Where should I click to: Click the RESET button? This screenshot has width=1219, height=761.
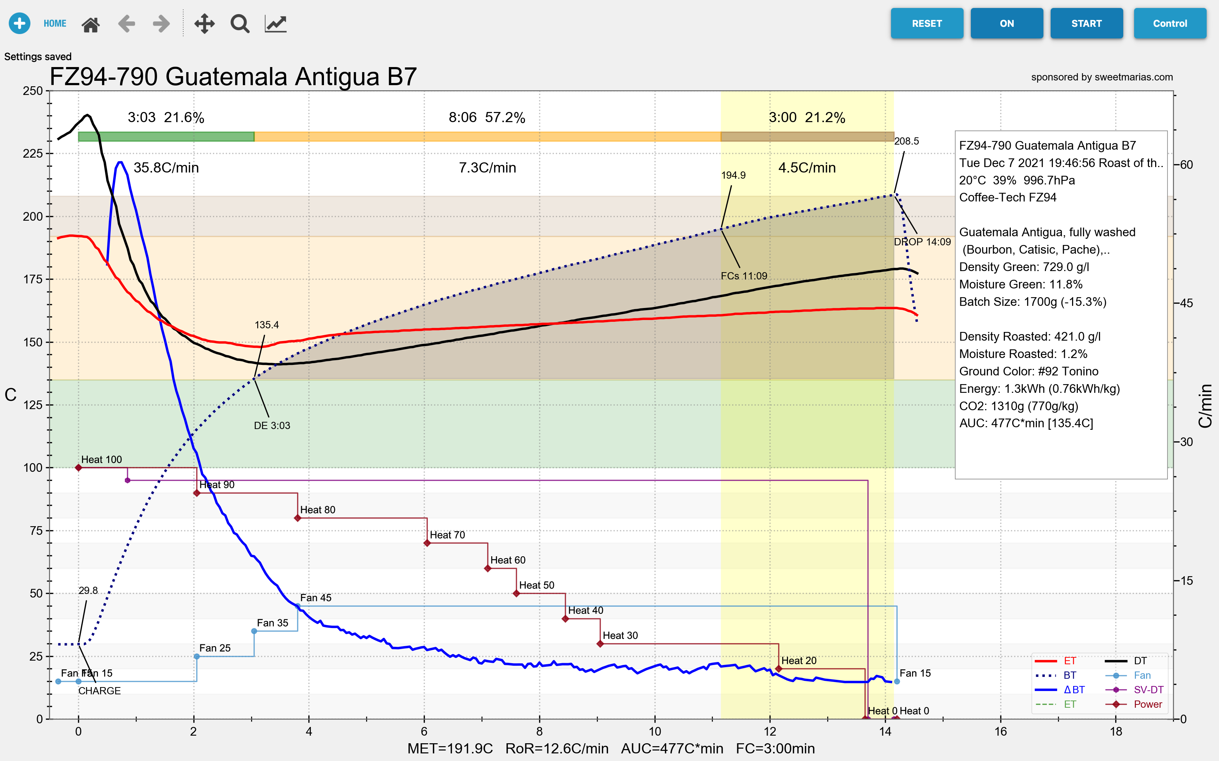tap(926, 24)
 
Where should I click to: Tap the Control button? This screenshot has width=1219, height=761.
tap(1170, 24)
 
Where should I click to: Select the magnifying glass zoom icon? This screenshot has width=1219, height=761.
tap(240, 24)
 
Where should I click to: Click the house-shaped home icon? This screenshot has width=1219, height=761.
tap(91, 24)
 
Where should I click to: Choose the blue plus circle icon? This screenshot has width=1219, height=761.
tap(20, 23)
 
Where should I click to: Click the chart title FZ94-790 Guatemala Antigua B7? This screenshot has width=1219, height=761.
tap(233, 77)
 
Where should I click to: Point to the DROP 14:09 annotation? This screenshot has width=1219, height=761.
tap(922, 242)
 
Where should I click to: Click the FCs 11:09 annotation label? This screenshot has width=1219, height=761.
tap(743, 276)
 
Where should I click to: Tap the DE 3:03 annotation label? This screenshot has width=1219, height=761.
tap(272, 426)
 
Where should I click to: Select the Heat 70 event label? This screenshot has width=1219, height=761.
tap(447, 535)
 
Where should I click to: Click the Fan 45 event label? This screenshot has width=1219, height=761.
tap(316, 598)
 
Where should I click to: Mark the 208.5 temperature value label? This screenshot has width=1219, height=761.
tap(906, 141)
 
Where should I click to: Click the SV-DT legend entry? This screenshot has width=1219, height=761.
tap(1148, 690)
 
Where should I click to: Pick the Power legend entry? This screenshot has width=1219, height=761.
tap(1148, 704)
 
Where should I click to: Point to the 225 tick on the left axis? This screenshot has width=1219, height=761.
tap(33, 154)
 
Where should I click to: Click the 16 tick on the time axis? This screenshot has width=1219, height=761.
tap(1000, 731)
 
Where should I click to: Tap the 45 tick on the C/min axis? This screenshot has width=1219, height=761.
tap(1186, 304)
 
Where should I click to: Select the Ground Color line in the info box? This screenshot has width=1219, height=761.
tap(1029, 371)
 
